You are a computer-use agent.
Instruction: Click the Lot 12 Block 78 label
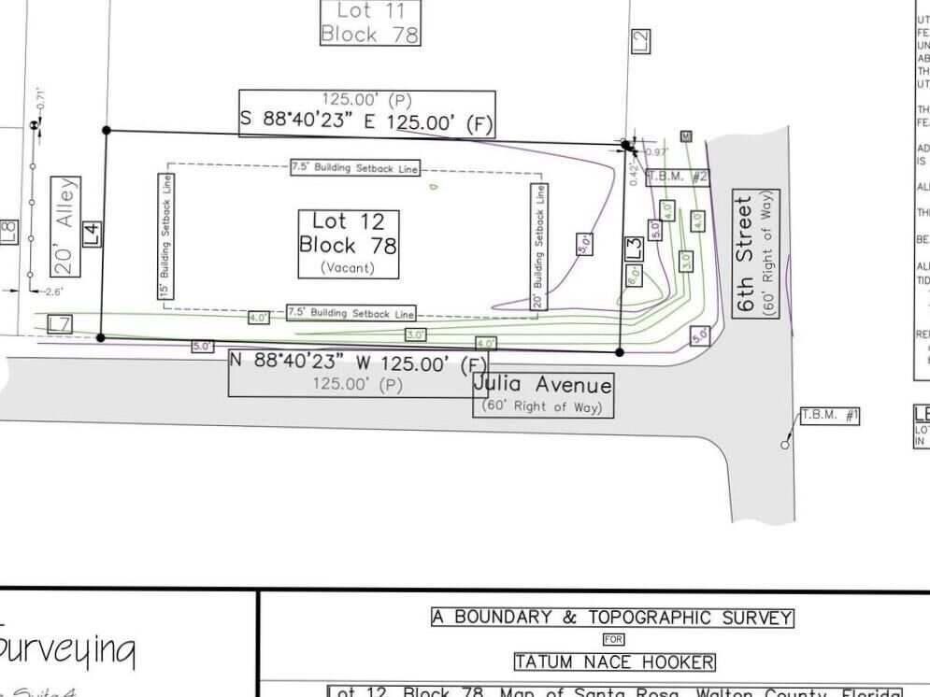(348, 234)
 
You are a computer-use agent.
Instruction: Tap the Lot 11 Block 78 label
(369, 22)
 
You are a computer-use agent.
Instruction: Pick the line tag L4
(92, 234)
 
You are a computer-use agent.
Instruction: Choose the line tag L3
(634, 249)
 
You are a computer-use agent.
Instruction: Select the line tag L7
(60, 324)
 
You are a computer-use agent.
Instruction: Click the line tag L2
(640, 41)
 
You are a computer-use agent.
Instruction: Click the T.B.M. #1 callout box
(829, 415)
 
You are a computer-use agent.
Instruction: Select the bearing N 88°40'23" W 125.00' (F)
(358, 363)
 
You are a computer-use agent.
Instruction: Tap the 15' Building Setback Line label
(164, 236)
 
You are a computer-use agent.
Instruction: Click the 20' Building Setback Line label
(538, 246)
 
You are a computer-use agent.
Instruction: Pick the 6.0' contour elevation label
(634, 277)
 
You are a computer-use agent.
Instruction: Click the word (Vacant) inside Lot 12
(348, 268)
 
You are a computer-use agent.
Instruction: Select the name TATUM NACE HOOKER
(615, 662)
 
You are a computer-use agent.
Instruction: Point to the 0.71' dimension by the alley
(39, 96)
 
